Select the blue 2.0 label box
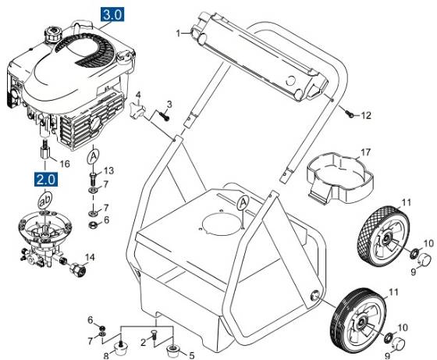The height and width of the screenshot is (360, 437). pos(45,180)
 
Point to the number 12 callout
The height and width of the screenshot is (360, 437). pos(366,116)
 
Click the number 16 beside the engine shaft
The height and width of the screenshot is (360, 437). pos(65,164)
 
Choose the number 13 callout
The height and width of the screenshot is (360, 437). pos(108,170)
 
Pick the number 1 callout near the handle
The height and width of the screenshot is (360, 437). pos(179,33)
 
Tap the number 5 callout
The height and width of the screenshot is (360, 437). pos(191,355)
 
